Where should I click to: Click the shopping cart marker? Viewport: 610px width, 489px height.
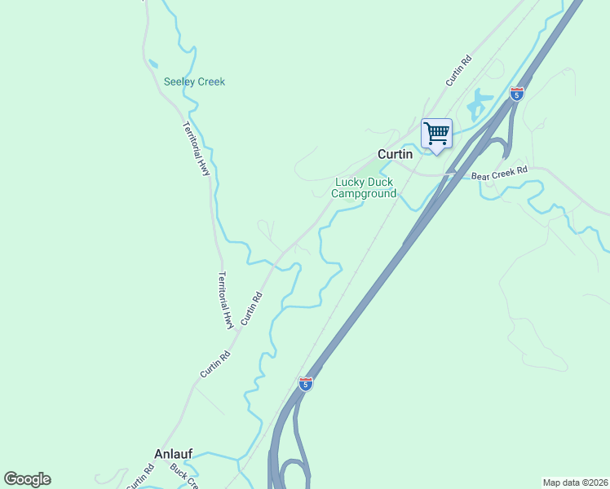tap(437, 133)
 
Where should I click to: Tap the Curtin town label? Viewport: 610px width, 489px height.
tap(395, 154)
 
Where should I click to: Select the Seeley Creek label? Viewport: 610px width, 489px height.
tap(194, 81)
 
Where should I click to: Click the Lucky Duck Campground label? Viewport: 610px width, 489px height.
tap(365, 188)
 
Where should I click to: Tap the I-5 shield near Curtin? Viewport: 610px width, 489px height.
tap(516, 93)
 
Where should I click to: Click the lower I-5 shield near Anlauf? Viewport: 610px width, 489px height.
tap(305, 383)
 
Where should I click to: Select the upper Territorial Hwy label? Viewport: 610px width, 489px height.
tap(197, 149)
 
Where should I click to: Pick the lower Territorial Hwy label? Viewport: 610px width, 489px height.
tap(227, 300)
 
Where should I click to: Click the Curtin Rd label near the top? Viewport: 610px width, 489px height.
tap(459, 71)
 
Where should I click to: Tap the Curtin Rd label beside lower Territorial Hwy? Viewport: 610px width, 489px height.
tap(251, 307)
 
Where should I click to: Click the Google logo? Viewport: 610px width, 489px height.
tap(27, 479)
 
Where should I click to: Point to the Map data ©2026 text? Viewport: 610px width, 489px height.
tap(575, 482)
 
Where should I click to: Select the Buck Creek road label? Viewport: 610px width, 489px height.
tap(184, 476)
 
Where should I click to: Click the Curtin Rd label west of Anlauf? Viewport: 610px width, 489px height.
tap(140, 477)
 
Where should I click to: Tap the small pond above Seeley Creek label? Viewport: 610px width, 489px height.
tap(152, 63)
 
